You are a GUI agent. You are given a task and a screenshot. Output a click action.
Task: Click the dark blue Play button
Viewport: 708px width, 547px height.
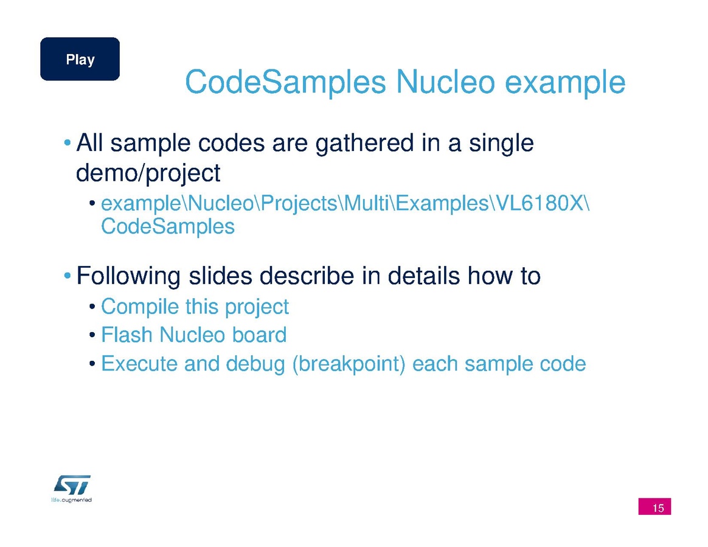point(80,59)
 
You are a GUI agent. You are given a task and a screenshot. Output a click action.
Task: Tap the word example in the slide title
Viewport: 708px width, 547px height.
point(565,83)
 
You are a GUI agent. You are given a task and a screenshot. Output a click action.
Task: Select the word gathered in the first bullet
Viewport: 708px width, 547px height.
point(364,144)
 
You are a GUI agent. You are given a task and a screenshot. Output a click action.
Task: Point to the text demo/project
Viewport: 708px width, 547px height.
point(148,173)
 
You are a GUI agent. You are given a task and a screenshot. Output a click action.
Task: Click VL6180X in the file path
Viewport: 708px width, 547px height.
point(539,203)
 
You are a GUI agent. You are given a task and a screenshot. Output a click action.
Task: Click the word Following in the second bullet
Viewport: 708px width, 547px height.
point(128,276)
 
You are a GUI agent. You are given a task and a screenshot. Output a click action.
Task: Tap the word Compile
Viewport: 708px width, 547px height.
point(140,307)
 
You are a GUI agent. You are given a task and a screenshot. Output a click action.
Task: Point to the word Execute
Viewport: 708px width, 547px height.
point(139,364)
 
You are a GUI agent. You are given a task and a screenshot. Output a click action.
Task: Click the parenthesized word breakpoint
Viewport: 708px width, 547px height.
point(349,364)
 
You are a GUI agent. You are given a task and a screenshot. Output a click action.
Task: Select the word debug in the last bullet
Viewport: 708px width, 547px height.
point(255,364)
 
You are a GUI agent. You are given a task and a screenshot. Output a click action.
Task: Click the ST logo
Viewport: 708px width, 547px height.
point(72,485)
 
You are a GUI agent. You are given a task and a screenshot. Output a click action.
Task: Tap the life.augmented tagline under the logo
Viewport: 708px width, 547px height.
point(71,500)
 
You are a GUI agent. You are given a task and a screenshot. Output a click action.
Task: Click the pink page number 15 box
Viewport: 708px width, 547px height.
point(654,506)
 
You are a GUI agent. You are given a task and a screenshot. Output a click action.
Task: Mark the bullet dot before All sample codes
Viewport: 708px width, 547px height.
point(68,143)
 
